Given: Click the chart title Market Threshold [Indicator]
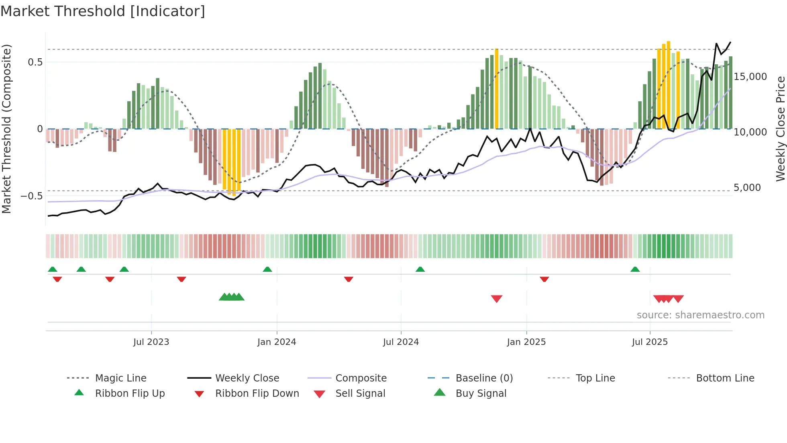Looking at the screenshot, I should (x=103, y=11).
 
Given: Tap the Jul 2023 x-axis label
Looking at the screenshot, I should (x=151, y=342).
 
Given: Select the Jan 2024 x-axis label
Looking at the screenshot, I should (x=277, y=342).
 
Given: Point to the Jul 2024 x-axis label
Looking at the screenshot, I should (x=401, y=342).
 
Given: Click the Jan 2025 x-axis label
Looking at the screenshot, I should (x=526, y=342).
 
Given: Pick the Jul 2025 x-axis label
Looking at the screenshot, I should (x=650, y=342).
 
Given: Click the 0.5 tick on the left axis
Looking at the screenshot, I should (x=35, y=62).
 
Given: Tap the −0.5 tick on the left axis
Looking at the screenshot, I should (x=32, y=196).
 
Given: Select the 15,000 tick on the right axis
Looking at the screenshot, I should (x=750, y=77).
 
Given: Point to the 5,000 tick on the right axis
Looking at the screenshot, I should (x=747, y=188).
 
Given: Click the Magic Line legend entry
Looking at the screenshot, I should (x=120, y=378).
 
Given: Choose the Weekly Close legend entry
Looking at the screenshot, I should (x=247, y=378).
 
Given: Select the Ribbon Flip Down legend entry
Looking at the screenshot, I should (x=257, y=394).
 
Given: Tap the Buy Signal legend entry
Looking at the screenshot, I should (x=481, y=394).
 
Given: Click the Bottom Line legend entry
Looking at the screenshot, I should (x=725, y=378).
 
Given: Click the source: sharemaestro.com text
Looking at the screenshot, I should (x=700, y=315).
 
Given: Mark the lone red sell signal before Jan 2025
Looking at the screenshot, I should (x=497, y=299).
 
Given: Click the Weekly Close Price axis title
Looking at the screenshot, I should (x=780, y=129).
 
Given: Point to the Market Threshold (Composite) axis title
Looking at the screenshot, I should (x=6, y=129).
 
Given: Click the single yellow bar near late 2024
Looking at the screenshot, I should (x=497, y=88).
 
